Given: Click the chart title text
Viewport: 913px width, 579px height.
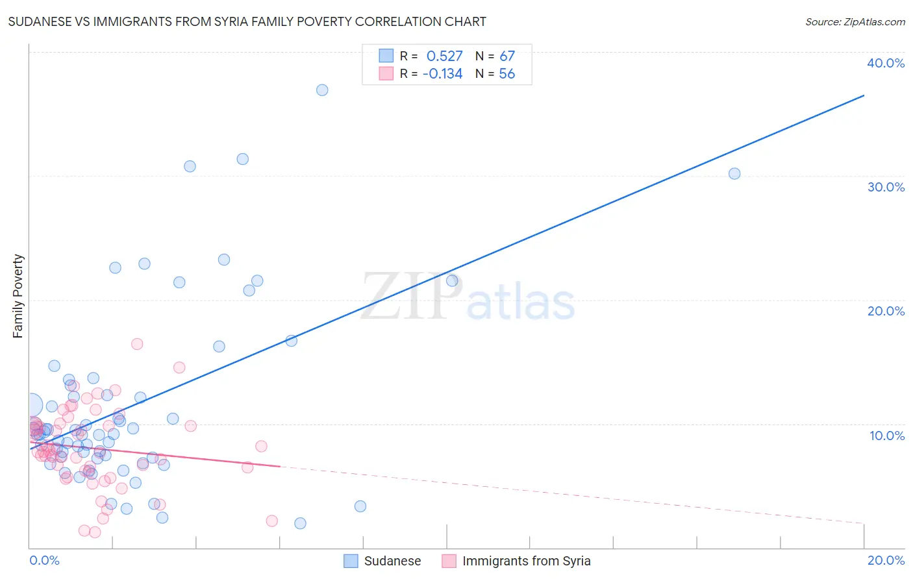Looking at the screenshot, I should tap(247, 22).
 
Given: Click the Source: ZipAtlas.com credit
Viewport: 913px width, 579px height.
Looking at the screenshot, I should tap(855, 22).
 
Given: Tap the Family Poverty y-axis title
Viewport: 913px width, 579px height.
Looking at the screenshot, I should tap(18, 296).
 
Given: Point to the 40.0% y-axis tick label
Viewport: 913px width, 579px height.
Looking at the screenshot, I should tap(886, 63).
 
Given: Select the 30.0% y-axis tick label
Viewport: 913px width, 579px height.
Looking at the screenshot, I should tap(886, 187).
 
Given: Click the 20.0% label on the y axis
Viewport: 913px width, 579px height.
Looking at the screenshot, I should tap(886, 311).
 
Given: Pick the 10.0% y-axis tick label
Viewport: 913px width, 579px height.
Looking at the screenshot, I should tap(886, 436).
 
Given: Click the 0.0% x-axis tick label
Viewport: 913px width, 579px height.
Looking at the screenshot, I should tap(44, 560).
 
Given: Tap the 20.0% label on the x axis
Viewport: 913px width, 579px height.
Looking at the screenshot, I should tap(886, 560).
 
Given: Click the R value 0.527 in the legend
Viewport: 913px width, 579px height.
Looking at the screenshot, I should tap(444, 56).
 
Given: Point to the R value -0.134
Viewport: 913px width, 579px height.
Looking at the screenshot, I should tap(442, 74).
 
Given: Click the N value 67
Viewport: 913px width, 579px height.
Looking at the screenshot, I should tap(507, 56).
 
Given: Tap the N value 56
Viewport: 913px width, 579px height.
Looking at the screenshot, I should tap(507, 74).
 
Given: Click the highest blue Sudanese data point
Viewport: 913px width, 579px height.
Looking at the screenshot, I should tap(322, 90).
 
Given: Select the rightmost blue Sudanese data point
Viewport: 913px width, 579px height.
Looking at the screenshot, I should tap(734, 173).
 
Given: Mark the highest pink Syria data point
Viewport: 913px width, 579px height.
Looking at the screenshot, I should tap(137, 344).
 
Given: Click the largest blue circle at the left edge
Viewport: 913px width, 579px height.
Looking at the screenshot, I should tap(32, 406).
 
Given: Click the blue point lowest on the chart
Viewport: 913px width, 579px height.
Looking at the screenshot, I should tap(300, 523).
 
